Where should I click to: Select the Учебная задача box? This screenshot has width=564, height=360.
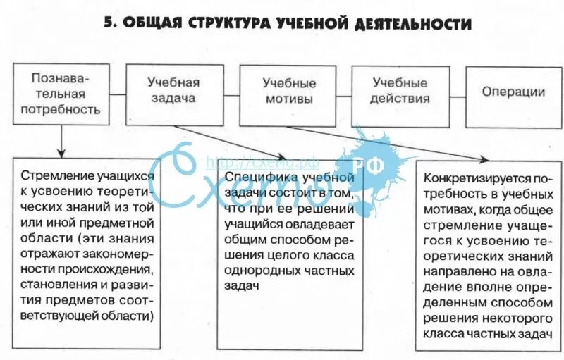click(x=173, y=90)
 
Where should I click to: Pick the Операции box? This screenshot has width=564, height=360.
click(x=513, y=92)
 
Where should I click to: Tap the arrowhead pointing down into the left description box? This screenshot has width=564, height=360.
click(x=61, y=152)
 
